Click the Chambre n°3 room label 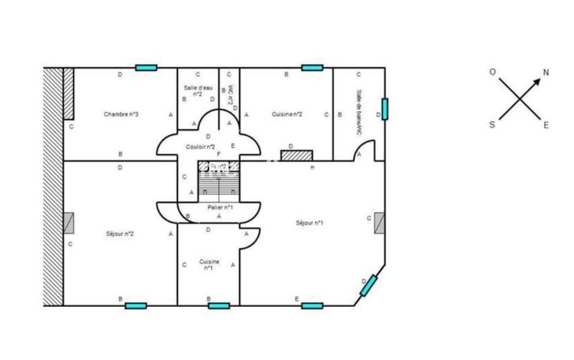121,115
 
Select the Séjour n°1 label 309,223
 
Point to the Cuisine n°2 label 287,115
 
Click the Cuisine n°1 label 209,265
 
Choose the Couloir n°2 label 200,146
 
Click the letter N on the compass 546,72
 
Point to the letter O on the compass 493,72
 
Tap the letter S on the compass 492,124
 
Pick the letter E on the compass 546,125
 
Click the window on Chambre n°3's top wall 146,68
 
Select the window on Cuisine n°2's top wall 312,68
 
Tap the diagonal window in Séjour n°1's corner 369,285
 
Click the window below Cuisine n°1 219,305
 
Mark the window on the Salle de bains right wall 385,108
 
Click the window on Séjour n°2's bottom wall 136,305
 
